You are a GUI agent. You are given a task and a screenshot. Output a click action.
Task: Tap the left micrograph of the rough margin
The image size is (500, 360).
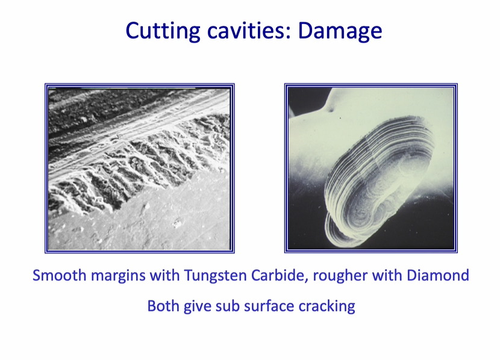point(139,169)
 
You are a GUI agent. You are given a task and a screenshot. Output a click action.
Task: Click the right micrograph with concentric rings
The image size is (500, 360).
point(370,169)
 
